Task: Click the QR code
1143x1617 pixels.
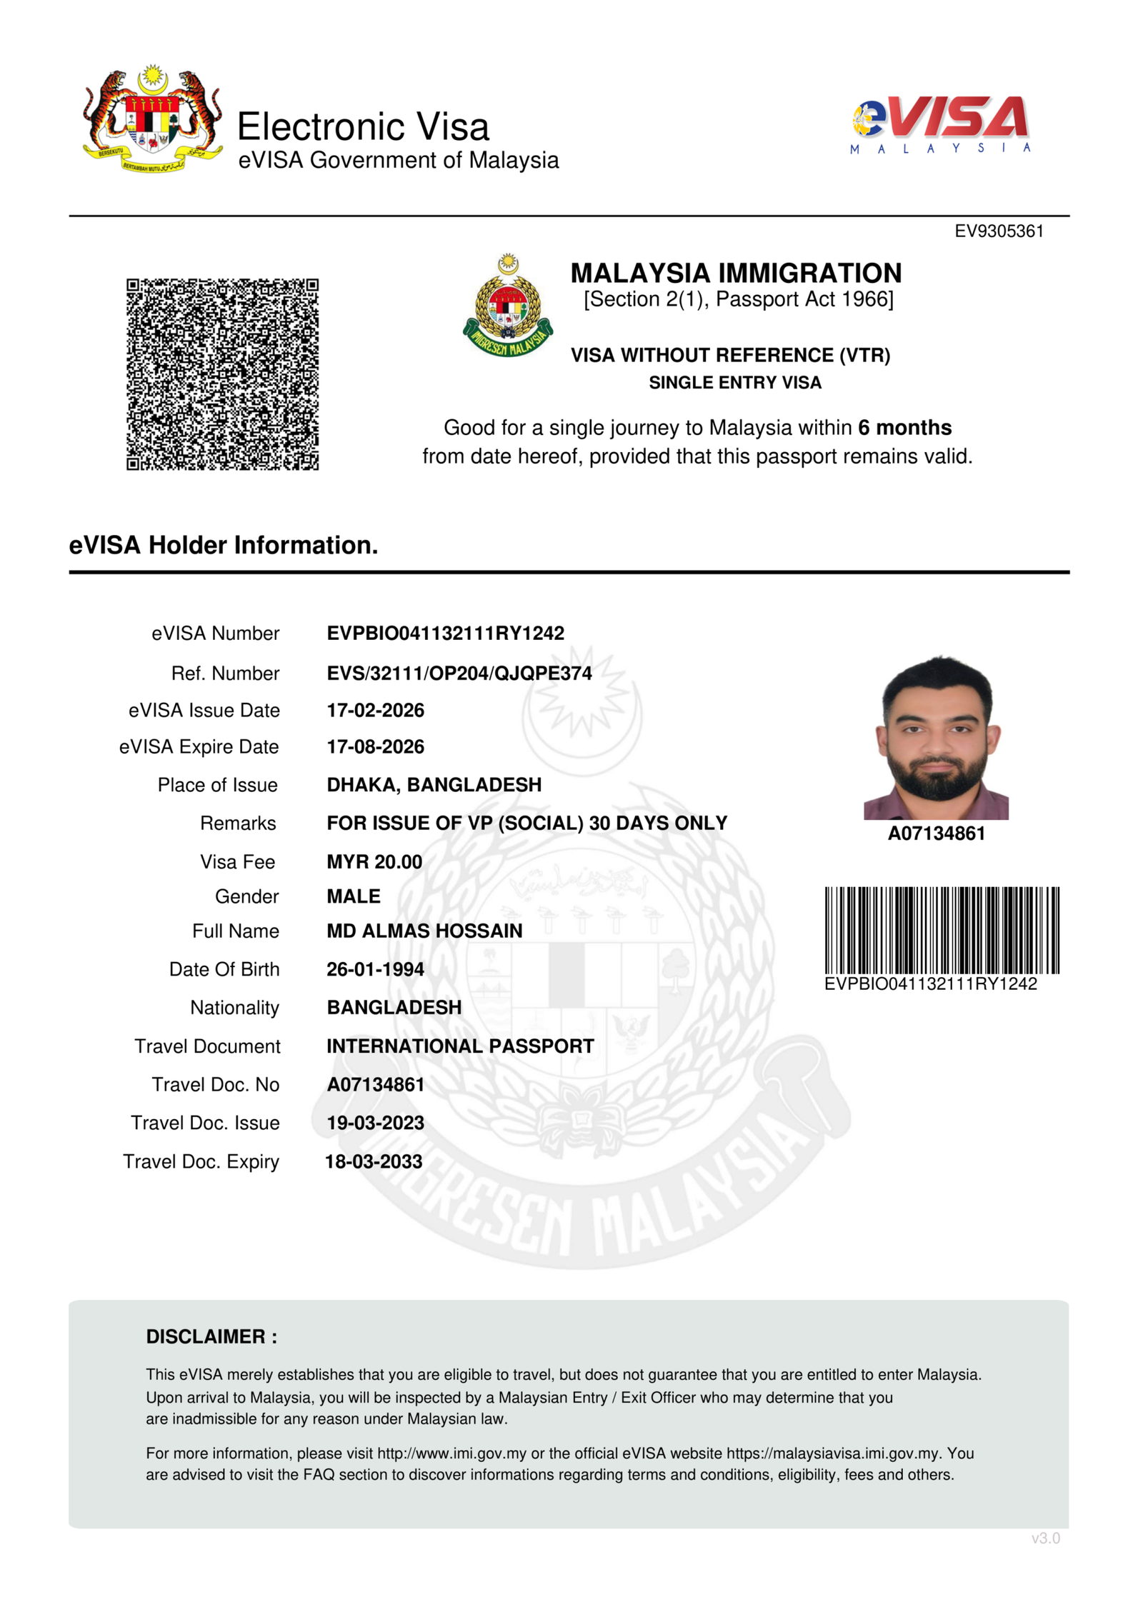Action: (222, 374)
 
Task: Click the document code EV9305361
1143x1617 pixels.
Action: (999, 231)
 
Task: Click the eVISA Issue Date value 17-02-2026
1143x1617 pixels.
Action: (375, 710)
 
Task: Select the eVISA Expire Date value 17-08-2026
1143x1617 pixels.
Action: (375, 746)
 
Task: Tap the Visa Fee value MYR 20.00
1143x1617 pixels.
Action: (374, 861)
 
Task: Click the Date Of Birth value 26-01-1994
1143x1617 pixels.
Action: (375, 969)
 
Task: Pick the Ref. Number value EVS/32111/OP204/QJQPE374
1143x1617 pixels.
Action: (459, 673)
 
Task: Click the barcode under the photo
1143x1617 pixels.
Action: (942, 930)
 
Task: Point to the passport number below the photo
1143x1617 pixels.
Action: (936, 833)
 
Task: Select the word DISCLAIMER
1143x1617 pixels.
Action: (206, 1336)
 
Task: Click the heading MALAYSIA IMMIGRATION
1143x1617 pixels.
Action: (736, 273)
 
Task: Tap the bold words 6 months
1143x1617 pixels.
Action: (904, 427)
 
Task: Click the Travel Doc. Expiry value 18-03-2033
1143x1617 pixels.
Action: (374, 1161)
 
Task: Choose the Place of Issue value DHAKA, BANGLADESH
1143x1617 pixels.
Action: (434, 784)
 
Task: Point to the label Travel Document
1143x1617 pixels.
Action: (207, 1046)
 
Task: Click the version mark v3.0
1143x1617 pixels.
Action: (1045, 1538)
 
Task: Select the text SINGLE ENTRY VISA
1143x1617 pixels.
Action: (735, 383)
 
